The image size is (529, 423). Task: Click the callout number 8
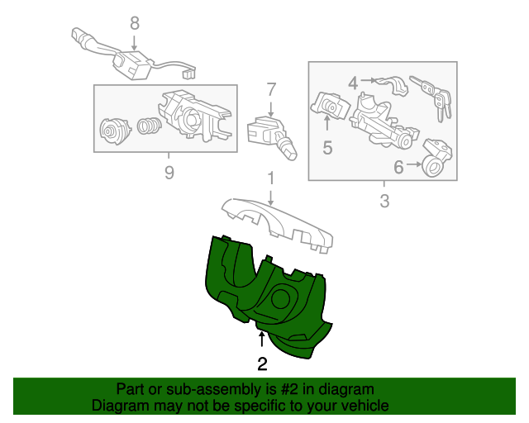click(x=135, y=24)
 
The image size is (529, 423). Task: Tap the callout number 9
click(x=169, y=173)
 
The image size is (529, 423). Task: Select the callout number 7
click(x=271, y=90)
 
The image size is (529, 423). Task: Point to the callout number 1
click(x=271, y=178)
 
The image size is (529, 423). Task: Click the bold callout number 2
click(x=262, y=364)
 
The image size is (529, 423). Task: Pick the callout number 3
click(x=384, y=201)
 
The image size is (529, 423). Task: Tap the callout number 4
click(x=353, y=83)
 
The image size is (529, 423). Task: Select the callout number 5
click(x=327, y=148)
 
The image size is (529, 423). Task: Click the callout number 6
click(x=398, y=167)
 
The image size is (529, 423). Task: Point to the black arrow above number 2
click(x=261, y=339)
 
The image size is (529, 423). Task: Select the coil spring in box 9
click(x=149, y=126)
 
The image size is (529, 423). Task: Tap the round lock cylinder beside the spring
click(x=115, y=131)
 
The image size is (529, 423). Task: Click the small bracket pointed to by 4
click(x=393, y=86)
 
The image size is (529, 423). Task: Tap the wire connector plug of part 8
click(x=189, y=73)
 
